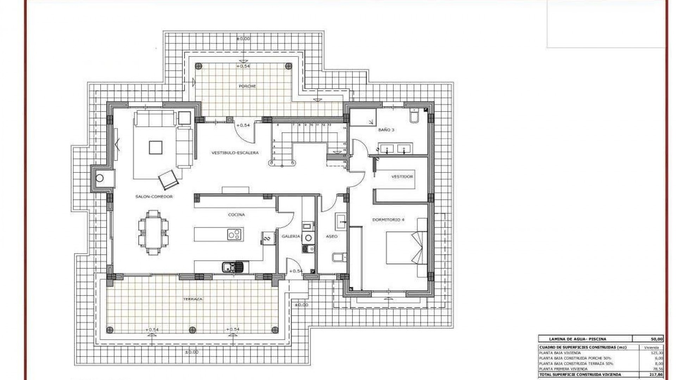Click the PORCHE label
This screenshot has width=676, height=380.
(x=247, y=86)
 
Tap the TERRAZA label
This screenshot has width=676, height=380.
(x=193, y=299)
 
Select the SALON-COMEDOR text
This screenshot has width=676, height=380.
(x=154, y=197)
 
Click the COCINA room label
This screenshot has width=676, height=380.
(x=236, y=215)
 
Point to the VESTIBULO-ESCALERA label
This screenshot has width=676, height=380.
(x=235, y=153)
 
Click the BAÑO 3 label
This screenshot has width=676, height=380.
(x=386, y=130)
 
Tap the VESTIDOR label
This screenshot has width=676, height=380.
(x=402, y=177)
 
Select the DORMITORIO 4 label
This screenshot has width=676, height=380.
(x=388, y=220)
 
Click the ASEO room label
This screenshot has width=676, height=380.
(x=332, y=236)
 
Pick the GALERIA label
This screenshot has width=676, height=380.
(x=290, y=236)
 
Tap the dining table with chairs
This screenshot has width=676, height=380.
(x=153, y=232)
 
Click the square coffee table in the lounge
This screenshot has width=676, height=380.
(x=155, y=147)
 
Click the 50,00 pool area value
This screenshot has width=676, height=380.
(x=657, y=339)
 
